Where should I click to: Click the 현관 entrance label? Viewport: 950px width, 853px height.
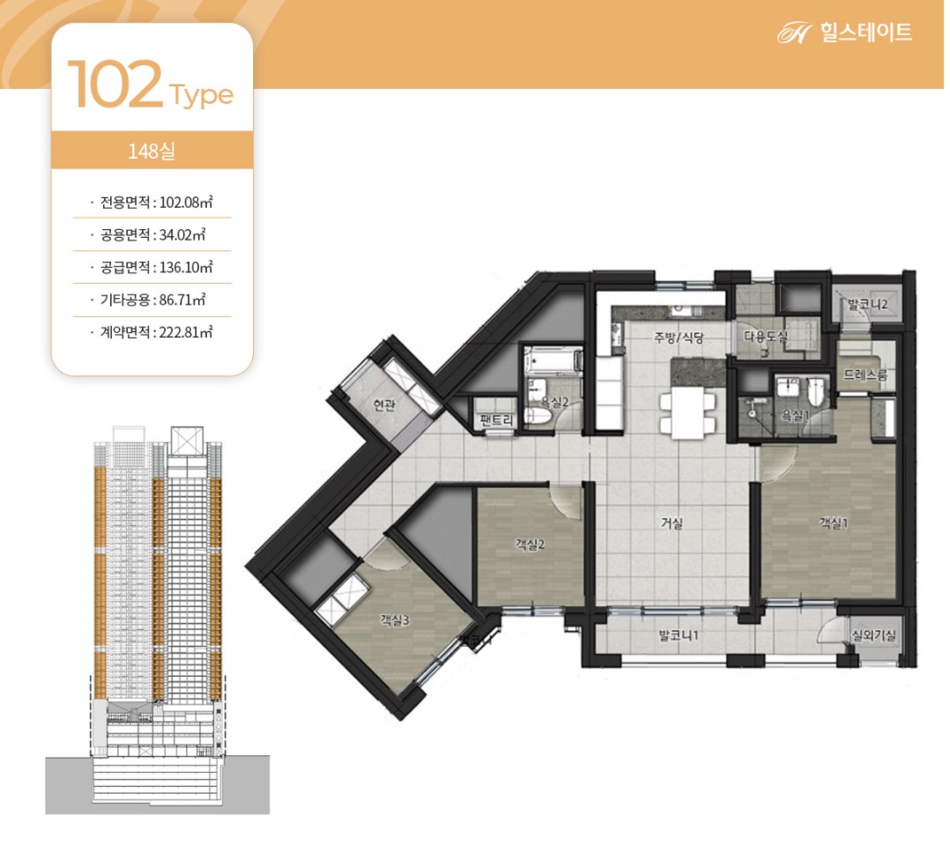point(384,404)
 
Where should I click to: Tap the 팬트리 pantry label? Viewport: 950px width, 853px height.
point(496,419)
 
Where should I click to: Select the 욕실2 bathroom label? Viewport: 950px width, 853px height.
point(554,402)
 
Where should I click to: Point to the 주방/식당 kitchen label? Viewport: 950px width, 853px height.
point(679,337)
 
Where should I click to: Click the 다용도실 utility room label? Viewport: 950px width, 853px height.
point(765,337)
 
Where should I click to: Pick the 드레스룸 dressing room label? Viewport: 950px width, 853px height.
point(865,375)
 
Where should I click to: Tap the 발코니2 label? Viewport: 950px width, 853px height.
point(867,304)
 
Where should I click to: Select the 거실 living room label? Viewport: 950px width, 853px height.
point(672,523)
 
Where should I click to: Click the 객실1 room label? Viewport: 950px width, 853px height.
point(833,523)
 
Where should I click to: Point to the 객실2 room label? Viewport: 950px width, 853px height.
point(530,545)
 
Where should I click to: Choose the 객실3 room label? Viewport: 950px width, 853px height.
point(395,619)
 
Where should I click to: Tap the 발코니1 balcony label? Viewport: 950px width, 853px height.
point(679,635)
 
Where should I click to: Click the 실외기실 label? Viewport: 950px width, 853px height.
point(873,635)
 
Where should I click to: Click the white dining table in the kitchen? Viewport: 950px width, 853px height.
point(687,412)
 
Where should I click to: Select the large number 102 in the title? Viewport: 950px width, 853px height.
point(115,85)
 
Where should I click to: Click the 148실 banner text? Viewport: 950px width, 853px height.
point(152,150)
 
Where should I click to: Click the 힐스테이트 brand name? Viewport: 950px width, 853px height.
point(866,32)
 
